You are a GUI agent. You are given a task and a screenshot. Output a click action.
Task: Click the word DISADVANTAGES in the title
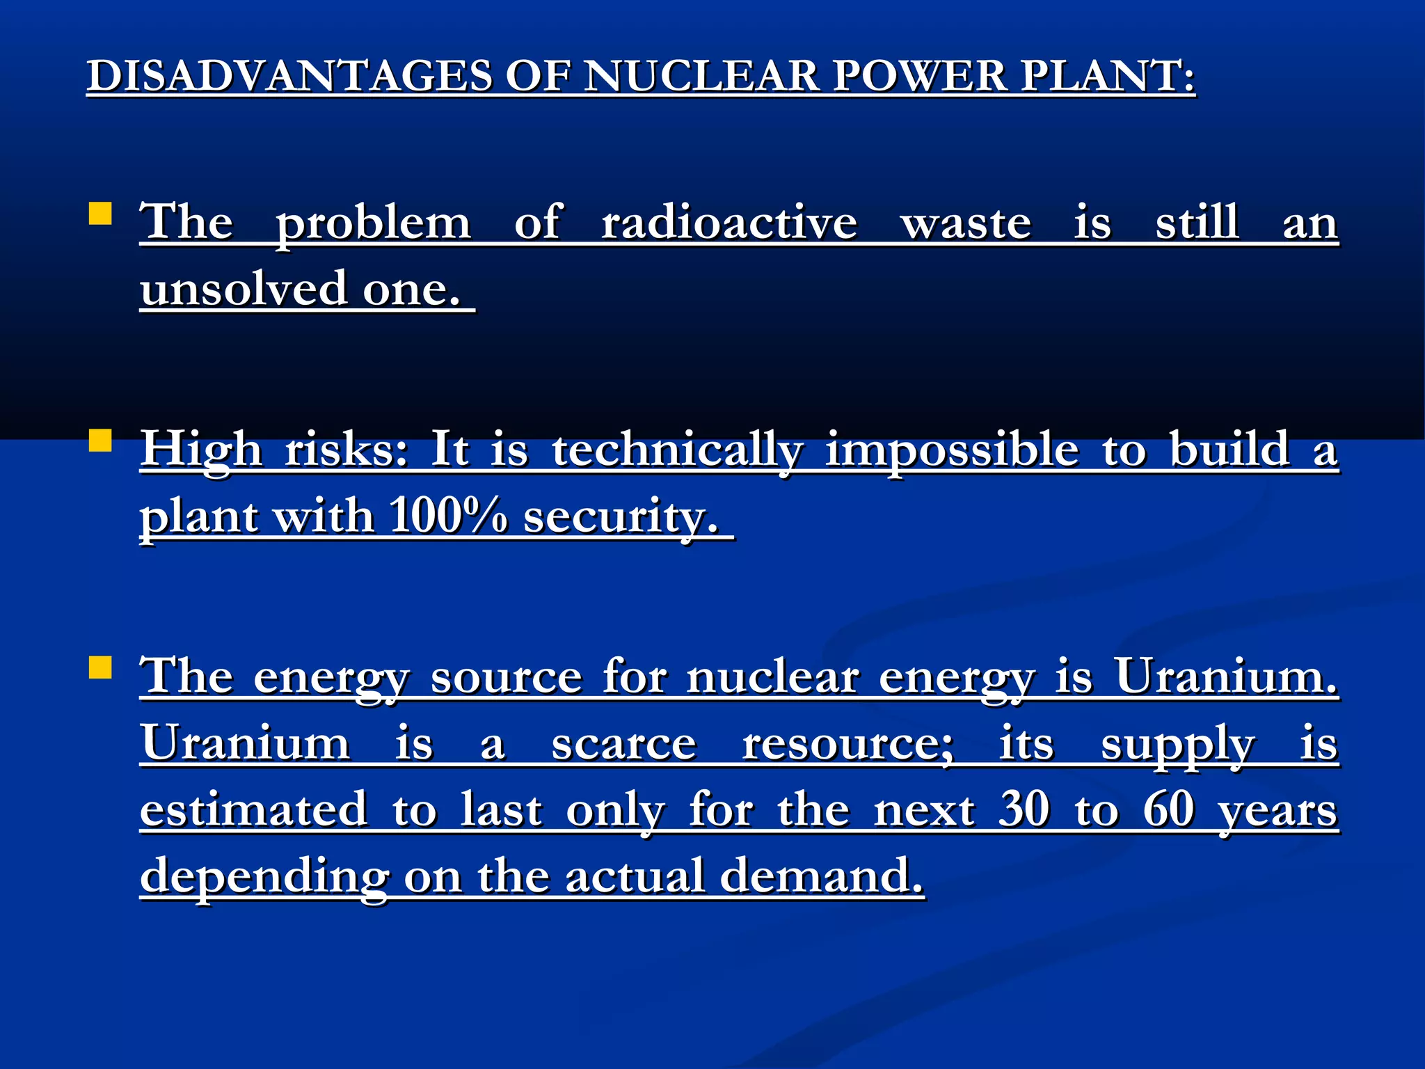pyautogui.click(x=289, y=76)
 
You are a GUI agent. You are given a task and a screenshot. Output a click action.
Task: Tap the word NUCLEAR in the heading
pyautogui.click(x=702, y=76)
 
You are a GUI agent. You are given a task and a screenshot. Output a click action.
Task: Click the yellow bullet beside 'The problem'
pyautogui.click(x=101, y=214)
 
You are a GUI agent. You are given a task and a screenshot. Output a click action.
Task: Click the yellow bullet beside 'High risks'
pyautogui.click(x=101, y=441)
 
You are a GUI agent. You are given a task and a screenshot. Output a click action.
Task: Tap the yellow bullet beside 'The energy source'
pyautogui.click(x=101, y=667)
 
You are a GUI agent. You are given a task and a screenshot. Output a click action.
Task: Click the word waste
pyautogui.click(x=966, y=224)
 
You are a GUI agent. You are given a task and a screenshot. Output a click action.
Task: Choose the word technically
pyautogui.click(x=677, y=451)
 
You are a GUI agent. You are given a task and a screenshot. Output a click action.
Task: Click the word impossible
pyautogui.click(x=952, y=451)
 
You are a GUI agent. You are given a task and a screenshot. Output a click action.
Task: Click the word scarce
pyautogui.click(x=623, y=744)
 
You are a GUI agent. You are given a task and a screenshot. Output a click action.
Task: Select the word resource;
pyautogui.click(x=848, y=744)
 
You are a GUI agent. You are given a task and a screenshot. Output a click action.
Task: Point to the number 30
pyautogui.click(x=1024, y=809)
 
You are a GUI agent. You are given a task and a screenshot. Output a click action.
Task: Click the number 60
pyautogui.click(x=1169, y=809)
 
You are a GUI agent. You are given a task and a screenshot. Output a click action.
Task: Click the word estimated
pyautogui.click(x=253, y=809)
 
